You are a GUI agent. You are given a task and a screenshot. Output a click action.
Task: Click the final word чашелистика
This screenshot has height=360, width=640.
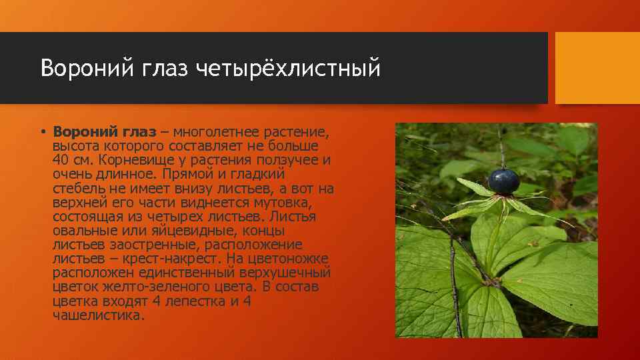point(97,315)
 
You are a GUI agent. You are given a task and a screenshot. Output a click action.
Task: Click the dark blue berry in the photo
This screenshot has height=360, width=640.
point(504,181)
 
